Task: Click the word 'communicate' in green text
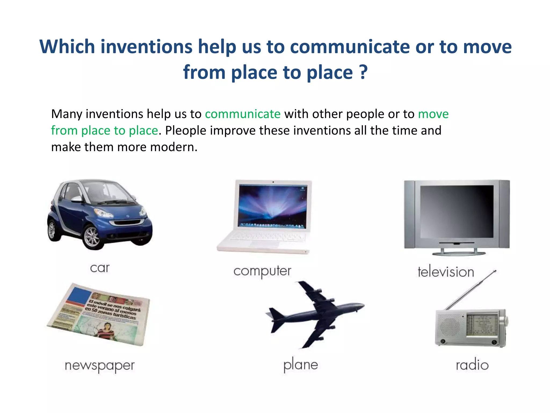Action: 243,114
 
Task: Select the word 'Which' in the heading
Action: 67,47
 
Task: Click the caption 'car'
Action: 100,268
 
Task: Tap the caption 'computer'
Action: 262,271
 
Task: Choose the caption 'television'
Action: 446,272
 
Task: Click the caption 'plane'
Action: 301,365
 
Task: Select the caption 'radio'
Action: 472,365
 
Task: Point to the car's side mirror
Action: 76,199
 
